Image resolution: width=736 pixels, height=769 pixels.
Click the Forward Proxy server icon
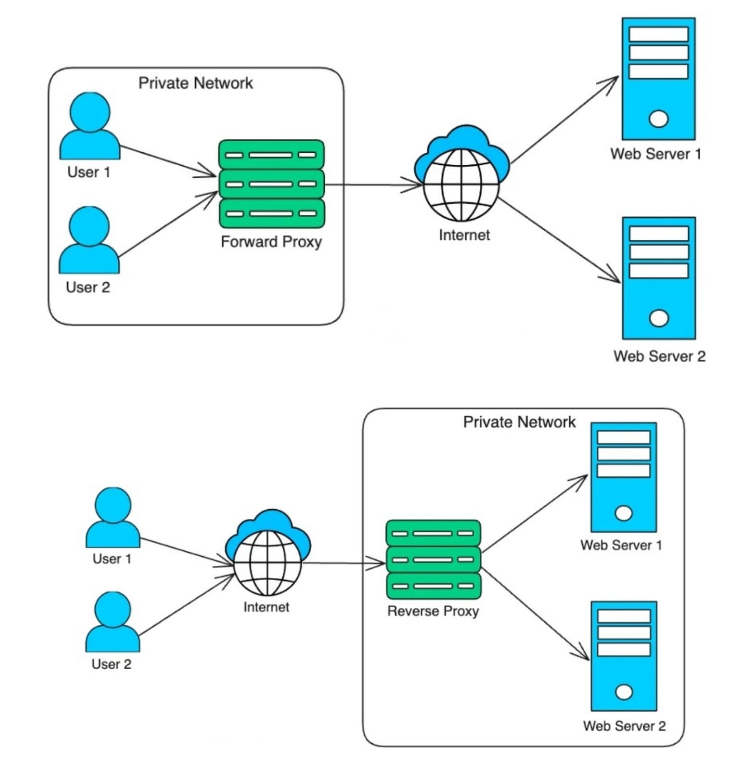tap(271, 184)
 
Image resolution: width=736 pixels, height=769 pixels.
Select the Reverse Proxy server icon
tap(433, 559)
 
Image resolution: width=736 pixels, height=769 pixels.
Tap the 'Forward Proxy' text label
tap(271, 242)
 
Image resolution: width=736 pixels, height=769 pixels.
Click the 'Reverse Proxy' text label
tap(433, 611)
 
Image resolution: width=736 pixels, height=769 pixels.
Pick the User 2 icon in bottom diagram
tap(113, 622)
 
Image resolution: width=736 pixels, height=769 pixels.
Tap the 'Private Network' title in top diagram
tap(196, 83)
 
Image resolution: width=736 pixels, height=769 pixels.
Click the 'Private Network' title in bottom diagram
tap(519, 422)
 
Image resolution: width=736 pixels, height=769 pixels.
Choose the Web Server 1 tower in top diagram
tap(658, 79)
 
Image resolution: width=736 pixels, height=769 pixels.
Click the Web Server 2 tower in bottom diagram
tap(624, 656)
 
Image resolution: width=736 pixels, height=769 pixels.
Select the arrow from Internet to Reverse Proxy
tap(343, 563)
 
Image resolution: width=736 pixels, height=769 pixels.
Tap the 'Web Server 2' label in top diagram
tap(659, 357)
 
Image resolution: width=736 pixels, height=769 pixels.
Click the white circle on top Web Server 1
tap(658, 119)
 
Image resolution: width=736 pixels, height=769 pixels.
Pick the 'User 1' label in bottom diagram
tap(111, 559)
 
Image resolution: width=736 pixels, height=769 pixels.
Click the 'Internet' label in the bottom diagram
tap(266, 608)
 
